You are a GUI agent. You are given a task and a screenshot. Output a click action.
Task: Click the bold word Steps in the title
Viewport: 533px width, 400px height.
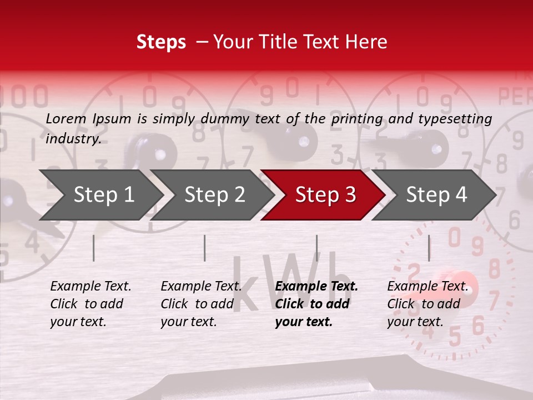(x=161, y=42)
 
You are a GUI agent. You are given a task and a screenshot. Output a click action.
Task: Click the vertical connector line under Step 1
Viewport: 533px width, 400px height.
(x=93, y=248)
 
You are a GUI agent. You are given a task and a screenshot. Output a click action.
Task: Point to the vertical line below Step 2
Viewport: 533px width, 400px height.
(x=204, y=248)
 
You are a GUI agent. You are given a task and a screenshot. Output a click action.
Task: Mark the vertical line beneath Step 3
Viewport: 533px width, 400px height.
(x=316, y=248)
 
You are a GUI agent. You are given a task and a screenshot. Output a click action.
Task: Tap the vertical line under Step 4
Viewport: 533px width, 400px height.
(x=429, y=248)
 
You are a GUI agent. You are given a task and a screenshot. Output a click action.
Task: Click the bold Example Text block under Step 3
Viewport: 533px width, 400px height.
(x=316, y=304)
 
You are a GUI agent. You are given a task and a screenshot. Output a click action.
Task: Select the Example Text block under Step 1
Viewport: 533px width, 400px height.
(x=90, y=304)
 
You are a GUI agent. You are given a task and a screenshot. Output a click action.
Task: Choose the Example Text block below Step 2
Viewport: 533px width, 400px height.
(x=201, y=304)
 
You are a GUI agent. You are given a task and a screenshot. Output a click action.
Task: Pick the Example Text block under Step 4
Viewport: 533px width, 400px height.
(x=428, y=304)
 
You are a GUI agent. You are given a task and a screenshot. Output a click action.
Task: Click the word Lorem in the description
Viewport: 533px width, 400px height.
(x=66, y=118)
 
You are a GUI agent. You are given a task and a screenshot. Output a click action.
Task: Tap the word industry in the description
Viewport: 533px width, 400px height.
(x=73, y=139)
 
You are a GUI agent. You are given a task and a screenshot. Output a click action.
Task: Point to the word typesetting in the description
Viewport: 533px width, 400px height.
(x=459, y=119)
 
